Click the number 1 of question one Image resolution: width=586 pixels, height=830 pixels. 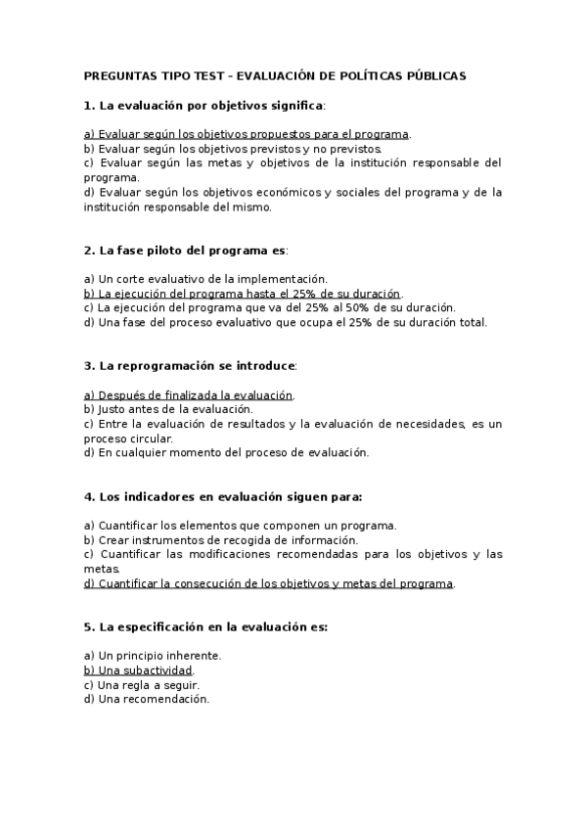tap(88, 105)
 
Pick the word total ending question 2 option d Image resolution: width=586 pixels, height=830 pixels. tap(472, 322)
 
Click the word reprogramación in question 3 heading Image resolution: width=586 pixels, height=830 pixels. tap(169, 366)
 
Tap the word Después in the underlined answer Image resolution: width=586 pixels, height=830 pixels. tap(120, 395)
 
